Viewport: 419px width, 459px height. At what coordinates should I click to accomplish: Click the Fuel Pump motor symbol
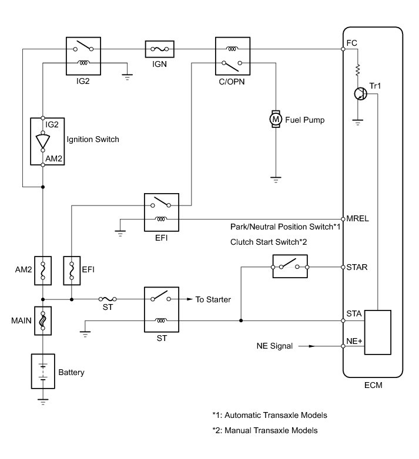(x=275, y=120)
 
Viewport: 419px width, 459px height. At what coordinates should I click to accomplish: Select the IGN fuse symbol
(x=159, y=49)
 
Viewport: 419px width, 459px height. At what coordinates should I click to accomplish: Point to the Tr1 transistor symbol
(x=360, y=94)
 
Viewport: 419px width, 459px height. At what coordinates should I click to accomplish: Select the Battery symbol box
(x=43, y=371)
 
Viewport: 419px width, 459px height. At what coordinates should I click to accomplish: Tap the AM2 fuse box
(x=43, y=271)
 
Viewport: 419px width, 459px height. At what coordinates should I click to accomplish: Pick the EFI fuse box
(x=71, y=271)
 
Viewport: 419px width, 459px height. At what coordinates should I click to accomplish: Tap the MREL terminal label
(x=358, y=218)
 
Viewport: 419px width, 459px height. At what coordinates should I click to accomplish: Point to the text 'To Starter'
(x=213, y=299)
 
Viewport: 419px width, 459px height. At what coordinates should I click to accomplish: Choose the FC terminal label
(x=351, y=42)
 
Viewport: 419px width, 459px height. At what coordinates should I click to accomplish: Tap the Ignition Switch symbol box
(x=43, y=141)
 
